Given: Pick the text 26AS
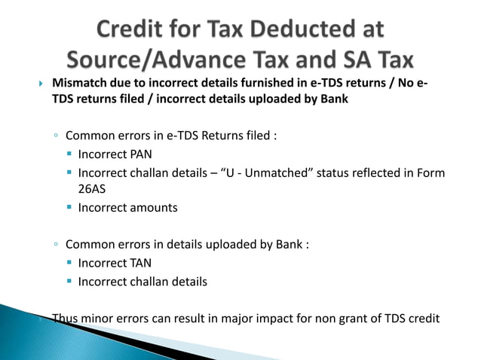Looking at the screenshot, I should coord(92,190).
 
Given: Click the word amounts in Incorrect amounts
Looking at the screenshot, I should coord(152,207).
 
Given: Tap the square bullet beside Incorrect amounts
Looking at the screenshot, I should coord(69,208).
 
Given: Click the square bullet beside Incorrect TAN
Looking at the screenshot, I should coord(69,265).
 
